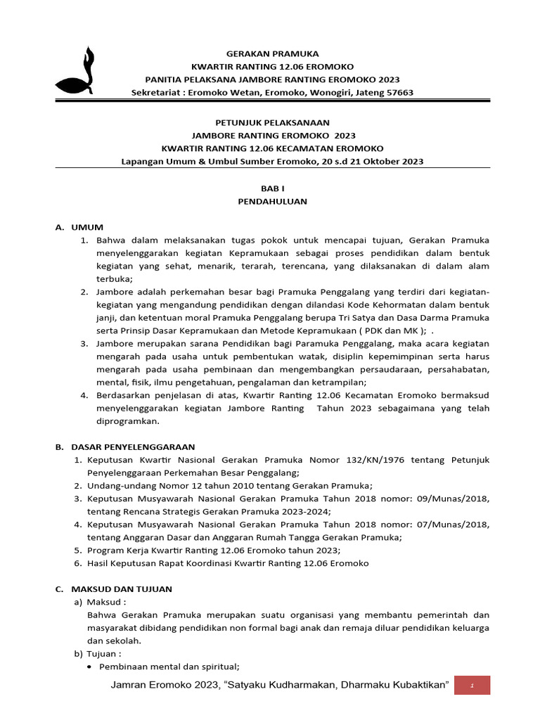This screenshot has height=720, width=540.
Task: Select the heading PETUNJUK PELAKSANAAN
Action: [272, 122]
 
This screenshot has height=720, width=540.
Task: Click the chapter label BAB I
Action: [272, 188]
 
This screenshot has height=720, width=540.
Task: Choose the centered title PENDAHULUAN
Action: [272, 201]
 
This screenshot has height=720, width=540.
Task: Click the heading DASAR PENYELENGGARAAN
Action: [133, 446]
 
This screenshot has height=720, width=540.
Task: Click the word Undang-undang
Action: [117, 486]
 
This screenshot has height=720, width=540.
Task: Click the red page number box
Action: [472, 686]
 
